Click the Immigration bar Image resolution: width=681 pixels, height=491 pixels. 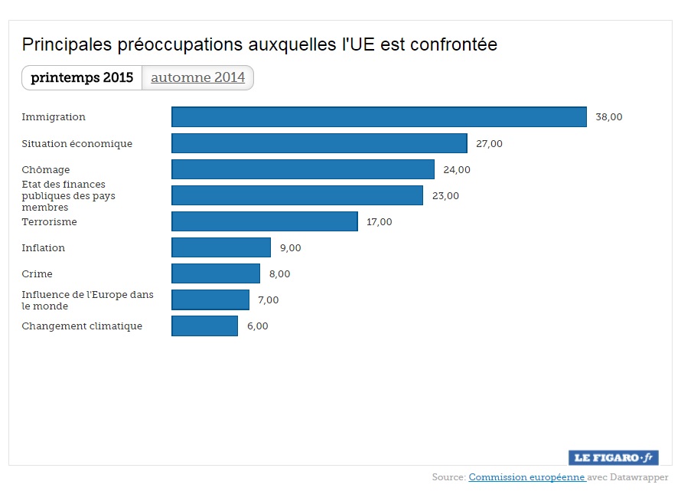point(379,117)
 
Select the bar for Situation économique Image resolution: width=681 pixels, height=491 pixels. point(319,143)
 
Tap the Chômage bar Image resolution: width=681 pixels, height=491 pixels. point(303,169)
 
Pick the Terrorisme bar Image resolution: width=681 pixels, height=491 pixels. point(265,221)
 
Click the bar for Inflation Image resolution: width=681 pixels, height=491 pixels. point(221,247)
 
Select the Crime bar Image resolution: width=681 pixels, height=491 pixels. point(216,273)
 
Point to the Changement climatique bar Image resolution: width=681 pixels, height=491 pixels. point(204,326)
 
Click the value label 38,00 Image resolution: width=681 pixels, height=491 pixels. point(609,117)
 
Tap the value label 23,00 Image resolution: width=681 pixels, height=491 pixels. point(445,195)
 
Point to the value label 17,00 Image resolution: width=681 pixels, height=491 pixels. point(379,221)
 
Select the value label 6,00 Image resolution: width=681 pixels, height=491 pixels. point(257,326)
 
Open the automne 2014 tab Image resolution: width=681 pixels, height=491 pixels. point(197,77)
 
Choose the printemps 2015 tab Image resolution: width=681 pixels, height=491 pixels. point(82,77)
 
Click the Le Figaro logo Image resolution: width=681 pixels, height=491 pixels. point(614,457)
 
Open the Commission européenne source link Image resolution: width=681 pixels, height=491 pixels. point(526,477)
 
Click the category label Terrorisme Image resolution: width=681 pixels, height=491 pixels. point(49,221)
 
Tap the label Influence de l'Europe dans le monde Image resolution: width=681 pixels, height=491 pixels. point(87,300)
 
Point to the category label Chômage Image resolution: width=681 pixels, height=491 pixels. point(46,169)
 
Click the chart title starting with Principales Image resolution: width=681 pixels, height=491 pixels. point(259,44)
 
